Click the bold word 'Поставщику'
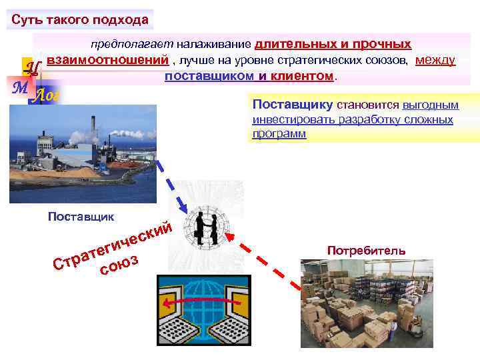coord(293,105)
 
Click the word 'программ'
coord(279,133)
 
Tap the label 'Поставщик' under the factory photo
coord(81,216)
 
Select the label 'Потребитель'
coord(366,251)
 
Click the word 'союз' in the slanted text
coord(119,266)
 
